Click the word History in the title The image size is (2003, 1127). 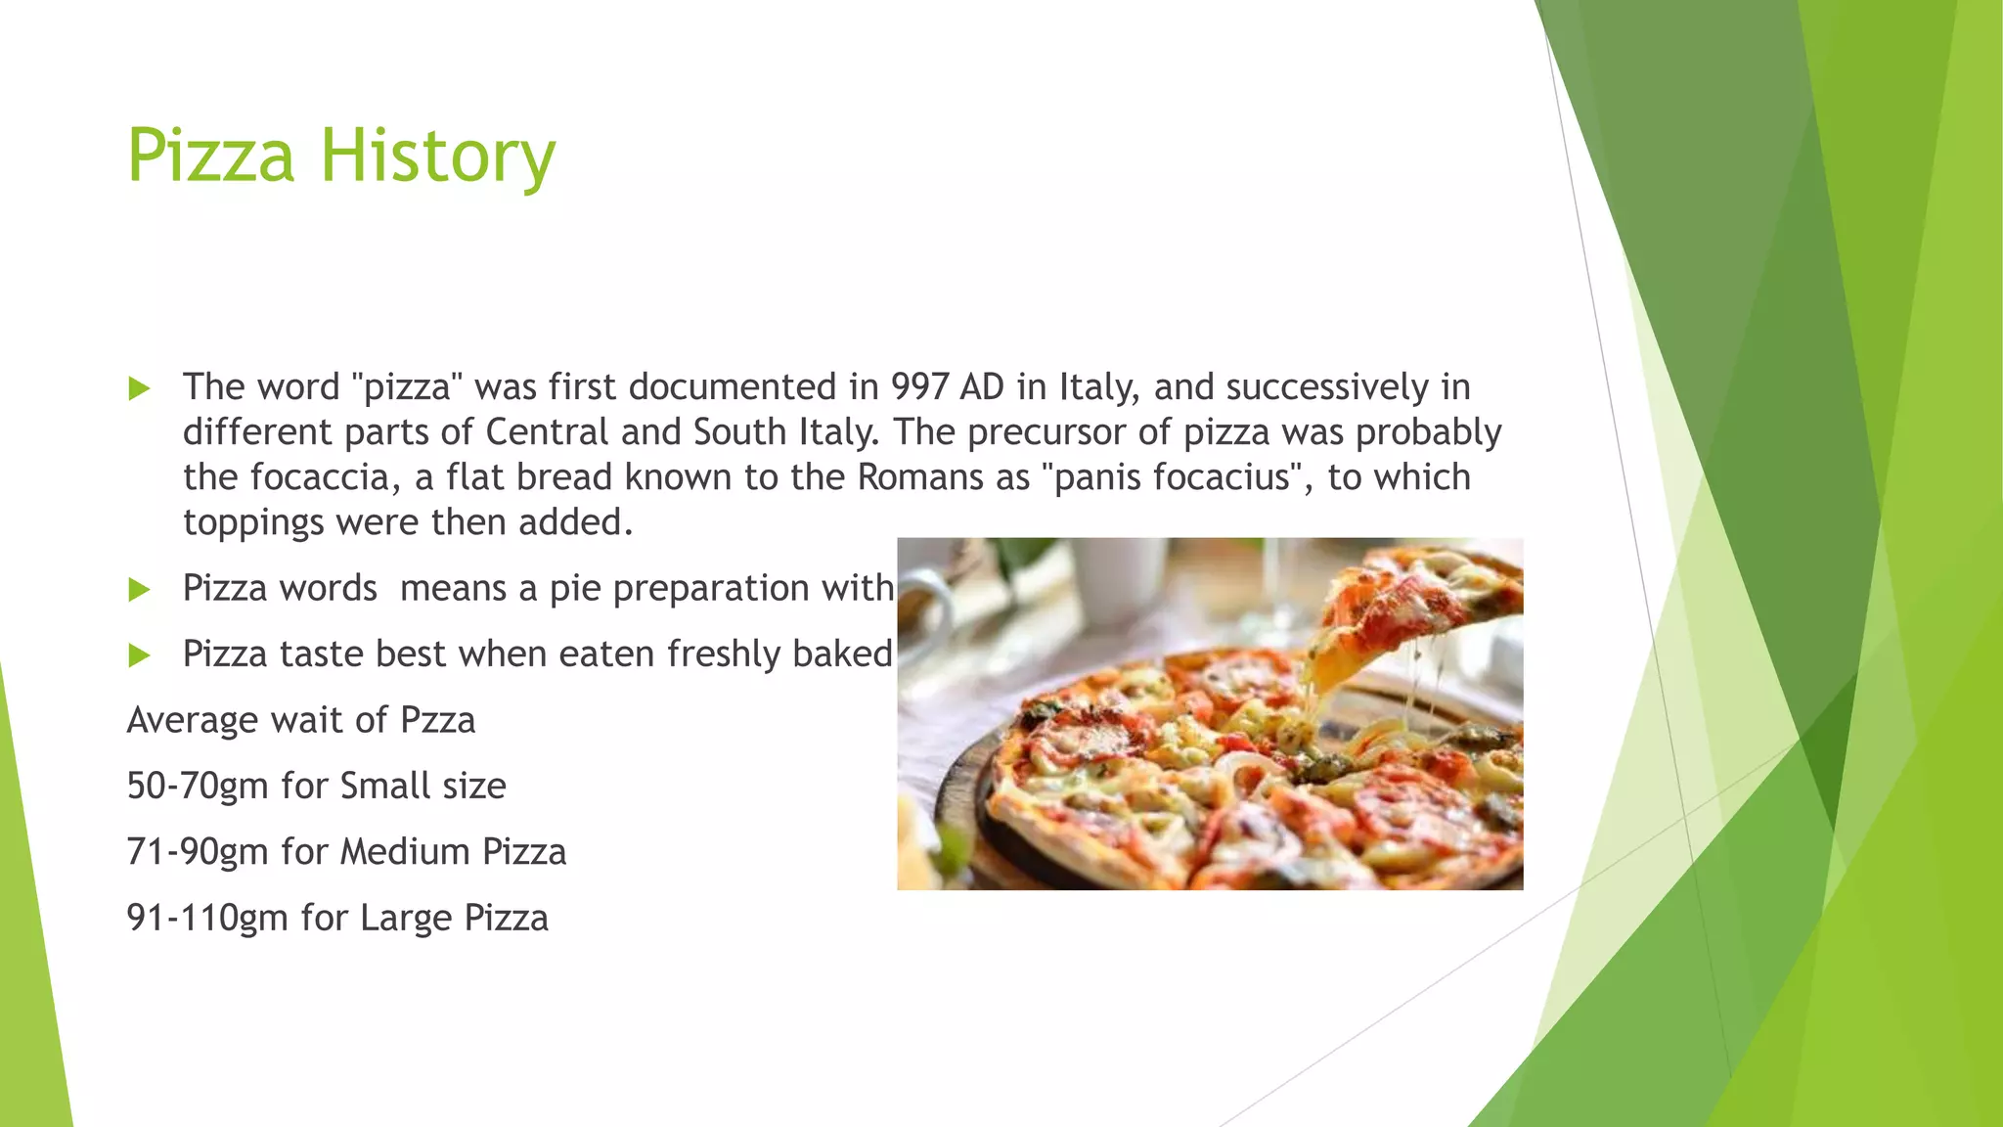438,157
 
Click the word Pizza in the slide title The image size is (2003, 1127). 210,157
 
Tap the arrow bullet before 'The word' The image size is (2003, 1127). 139,388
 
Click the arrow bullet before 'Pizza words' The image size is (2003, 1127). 139,589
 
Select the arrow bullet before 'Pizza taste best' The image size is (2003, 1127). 139,654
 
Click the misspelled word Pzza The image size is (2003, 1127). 437,721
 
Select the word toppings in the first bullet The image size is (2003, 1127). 253,523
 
